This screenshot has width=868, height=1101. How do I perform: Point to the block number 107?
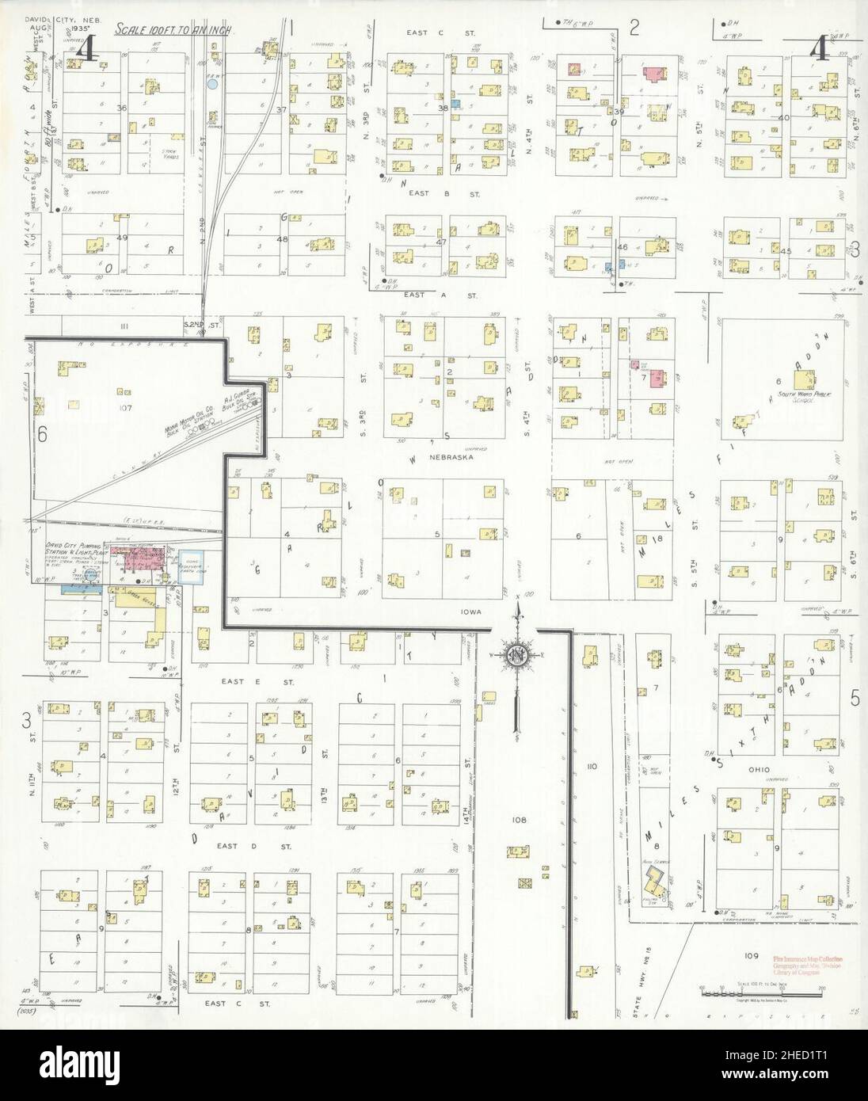coord(124,408)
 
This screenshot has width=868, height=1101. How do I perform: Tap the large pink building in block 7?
coord(657,379)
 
